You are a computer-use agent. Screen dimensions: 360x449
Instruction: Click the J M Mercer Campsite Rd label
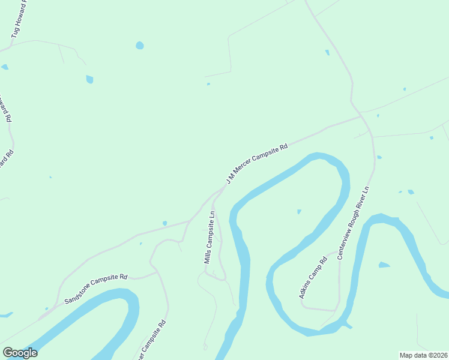pos(257,163)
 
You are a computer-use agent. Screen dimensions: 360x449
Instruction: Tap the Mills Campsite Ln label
pos(209,238)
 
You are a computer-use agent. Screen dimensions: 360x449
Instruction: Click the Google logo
pos(20,352)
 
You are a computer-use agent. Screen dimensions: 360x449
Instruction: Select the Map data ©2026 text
pos(423,355)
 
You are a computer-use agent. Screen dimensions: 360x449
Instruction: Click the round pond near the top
pos(140,45)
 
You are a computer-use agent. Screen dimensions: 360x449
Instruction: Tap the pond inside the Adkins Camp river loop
pos(384,265)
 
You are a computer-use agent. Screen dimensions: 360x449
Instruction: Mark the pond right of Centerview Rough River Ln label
pos(411,192)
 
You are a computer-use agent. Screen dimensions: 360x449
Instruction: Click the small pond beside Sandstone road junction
pos(164,223)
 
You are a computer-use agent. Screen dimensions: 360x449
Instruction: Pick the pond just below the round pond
pos(89,79)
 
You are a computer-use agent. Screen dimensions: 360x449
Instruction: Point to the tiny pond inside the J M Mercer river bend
pos(299,211)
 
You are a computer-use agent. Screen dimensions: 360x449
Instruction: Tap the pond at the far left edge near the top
pos(4,67)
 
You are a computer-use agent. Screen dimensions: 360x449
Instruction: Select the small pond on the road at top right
pos(327,52)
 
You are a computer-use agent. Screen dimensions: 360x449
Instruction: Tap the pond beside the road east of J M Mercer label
pos(379,157)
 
